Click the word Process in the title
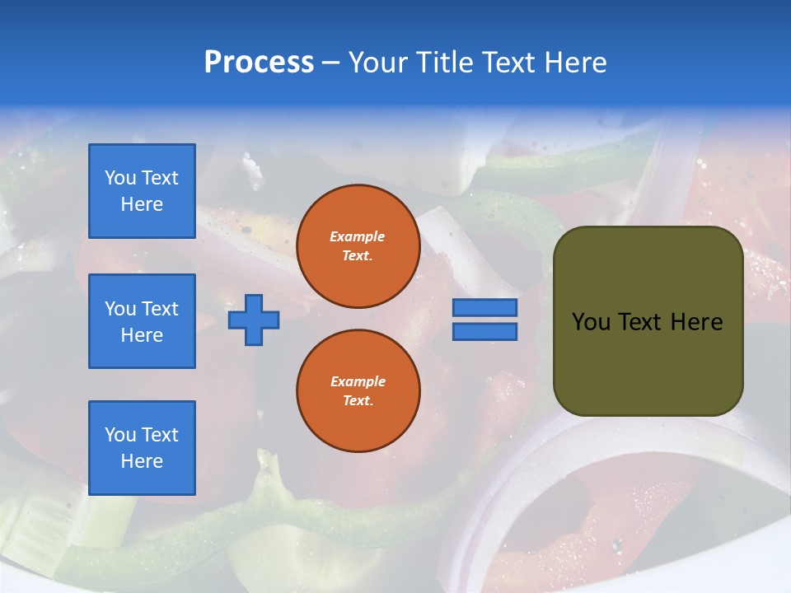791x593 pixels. [259, 63]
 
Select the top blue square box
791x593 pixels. [142, 191]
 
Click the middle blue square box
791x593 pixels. [142, 321]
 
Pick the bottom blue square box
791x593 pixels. [142, 447]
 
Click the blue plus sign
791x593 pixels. [254, 320]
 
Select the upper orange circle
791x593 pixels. [358, 245]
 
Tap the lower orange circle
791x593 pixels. [358, 390]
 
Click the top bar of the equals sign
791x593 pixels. [484, 307]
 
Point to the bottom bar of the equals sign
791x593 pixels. [484, 331]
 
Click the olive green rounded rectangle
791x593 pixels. [648, 362]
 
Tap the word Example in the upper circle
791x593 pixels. [358, 236]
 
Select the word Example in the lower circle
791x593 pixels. [358, 381]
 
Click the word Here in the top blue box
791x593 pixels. [142, 204]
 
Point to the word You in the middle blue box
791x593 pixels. [119, 309]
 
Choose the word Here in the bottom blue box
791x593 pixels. [142, 461]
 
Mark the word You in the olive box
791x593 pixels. [591, 322]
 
